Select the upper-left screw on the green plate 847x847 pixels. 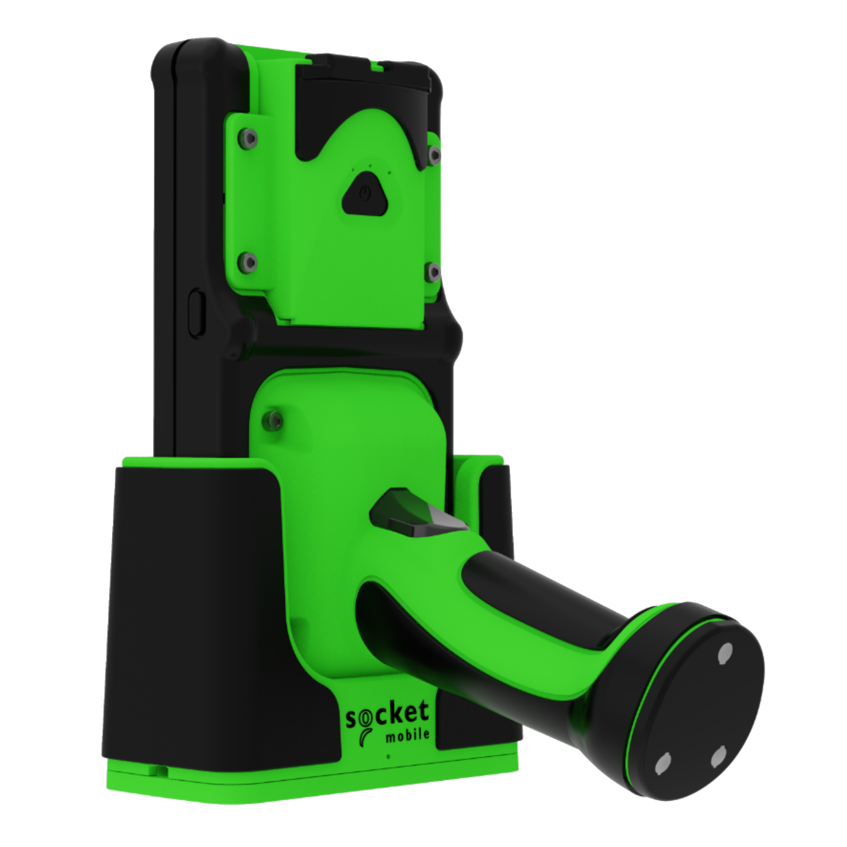click(x=249, y=139)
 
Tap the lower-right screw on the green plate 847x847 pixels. click(x=434, y=272)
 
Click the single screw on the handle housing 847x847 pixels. click(x=275, y=421)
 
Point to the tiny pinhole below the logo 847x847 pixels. click(x=388, y=757)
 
